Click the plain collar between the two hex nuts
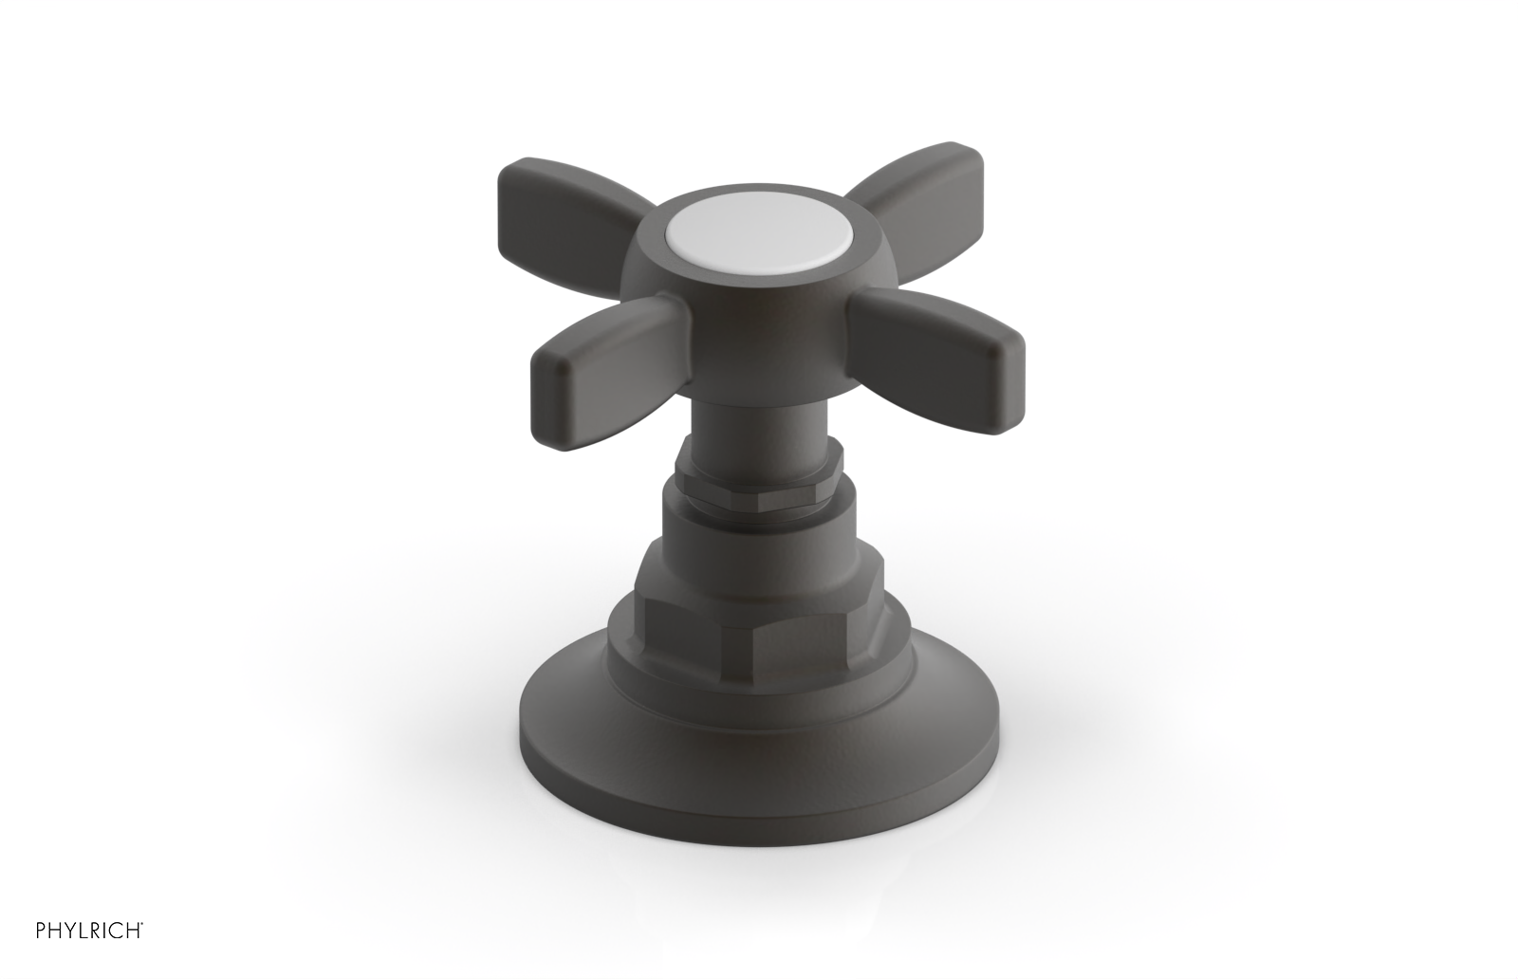coord(759,517)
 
